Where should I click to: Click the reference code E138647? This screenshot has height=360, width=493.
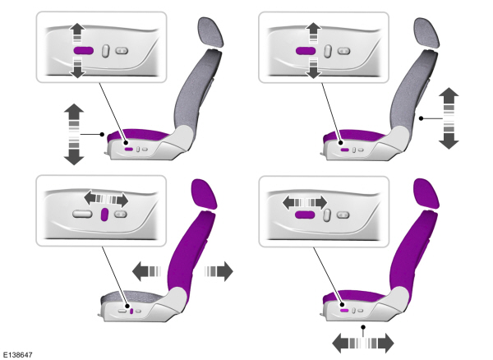point(19,353)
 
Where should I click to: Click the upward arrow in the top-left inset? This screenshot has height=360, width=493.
point(76,30)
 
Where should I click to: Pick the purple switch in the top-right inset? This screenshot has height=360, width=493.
point(306,50)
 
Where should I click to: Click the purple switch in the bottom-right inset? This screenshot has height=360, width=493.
point(306,214)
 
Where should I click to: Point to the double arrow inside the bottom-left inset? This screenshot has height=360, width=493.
point(106,199)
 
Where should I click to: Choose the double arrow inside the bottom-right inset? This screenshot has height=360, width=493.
point(304,200)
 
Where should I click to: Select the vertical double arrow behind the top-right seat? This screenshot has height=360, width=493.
point(449,118)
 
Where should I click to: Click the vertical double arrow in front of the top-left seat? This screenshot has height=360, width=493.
point(74,133)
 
